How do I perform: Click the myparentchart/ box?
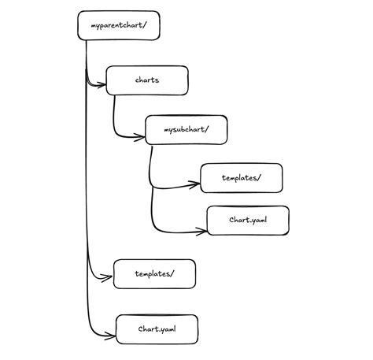pyautogui.click(x=117, y=26)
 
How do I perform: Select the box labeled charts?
pyautogui.click(x=147, y=80)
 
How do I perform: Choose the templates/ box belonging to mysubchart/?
pyautogui.click(x=241, y=178)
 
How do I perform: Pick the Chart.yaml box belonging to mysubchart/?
pyautogui.click(x=248, y=221)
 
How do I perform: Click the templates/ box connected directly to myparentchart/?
pyautogui.click(x=154, y=273)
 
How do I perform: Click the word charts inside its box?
pyautogui.click(x=147, y=80)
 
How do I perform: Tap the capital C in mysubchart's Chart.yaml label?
pyautogui.click(x=231, y=221)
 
